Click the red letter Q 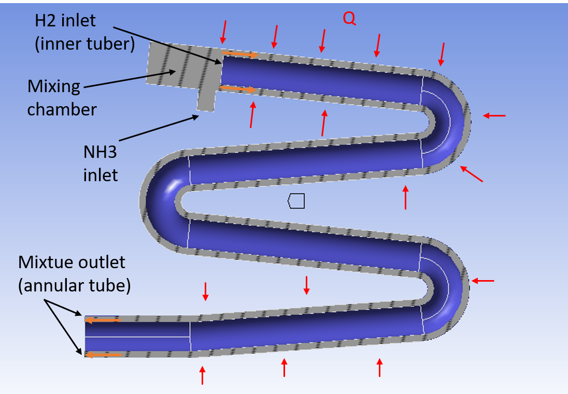tap(349, 19)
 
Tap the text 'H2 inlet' tap(65, 21)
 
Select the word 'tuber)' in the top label tap(111, 44)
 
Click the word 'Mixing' tap(54, 86)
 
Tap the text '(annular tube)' tap(74, 285)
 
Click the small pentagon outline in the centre tap(296, 201)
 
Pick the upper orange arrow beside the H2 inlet tap(239, 54)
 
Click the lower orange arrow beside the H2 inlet tap(238, 89)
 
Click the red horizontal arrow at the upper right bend tap(494, 115)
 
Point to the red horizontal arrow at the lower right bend tap(482, 281)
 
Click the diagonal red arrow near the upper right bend tap(472, 174)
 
